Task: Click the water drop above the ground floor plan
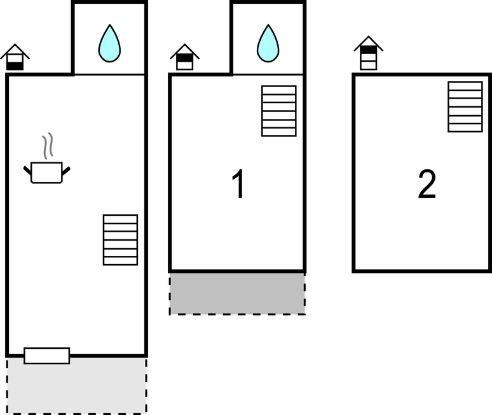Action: [x=109, y=43]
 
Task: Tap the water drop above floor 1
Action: [x=268, y=43]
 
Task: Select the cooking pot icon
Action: [x=47, y=172]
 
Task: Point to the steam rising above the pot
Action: [x=48, y=146]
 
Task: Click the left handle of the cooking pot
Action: [x=27, y=171]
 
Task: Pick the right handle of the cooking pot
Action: [x=66, y=171]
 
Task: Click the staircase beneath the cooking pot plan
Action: [x=121, y=240]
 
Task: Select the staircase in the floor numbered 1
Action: [x=279, y=111]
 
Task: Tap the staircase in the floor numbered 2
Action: [x=465, y=107]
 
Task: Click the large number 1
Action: [x=238, y=183]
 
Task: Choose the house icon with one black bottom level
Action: [x=15, y=57]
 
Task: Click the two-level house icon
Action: [x=185, y=57]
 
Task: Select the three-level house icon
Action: [x=369, y=53]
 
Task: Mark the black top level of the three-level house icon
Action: [x=369, y=50]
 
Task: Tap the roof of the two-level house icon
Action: [x=185, y=50]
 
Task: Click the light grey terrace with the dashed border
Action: [x=76, y=386]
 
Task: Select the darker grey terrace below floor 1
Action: [x=237, y=293]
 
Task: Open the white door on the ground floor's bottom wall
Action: [x=47, y=356]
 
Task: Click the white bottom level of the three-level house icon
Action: [x=369, y=66]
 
